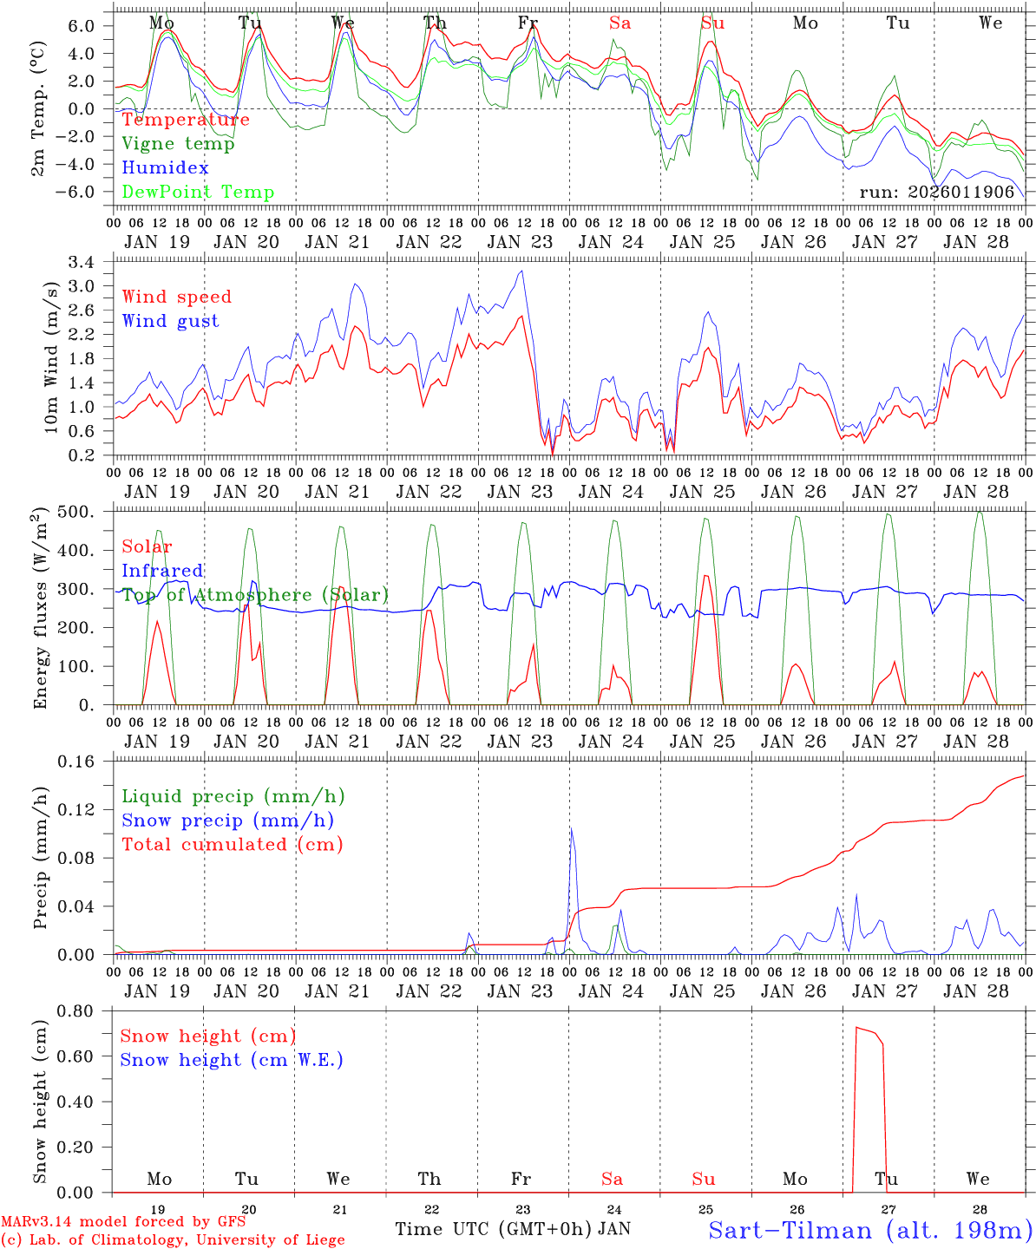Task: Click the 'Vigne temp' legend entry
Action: pyautogui.click(x=178, y=144)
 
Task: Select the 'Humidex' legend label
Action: pyautogui.click(x=165, y=168)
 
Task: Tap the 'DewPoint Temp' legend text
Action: pyautogui.click(x=198, y=193)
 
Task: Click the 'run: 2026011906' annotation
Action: pyautogui.click(x=937, y=193)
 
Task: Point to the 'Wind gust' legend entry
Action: pyautogui.click(x=170, y=321)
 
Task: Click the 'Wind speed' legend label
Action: pyautogui.click(x=176, y=297)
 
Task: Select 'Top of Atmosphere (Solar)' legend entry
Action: pyautogui.click(x=255, y=595)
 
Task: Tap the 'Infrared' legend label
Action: pyautogui.click(x=162, y=571)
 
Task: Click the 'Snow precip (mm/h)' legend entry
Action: pyautogui.click(x=227, y=821)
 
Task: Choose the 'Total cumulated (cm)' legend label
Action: pyautogui.click(x=232, y=844)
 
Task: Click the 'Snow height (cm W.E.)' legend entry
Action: pyautogui.click(x=232, y=1060)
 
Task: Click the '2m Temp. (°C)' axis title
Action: pyautogui.click(x=40, y=105)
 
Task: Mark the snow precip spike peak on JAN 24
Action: pyautogui.click(x=571, y=827)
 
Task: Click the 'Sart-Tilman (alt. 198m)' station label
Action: pyautogui.click(x=870, y=1230)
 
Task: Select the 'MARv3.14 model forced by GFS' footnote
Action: pyautogui.click(x=123, y=1222)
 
